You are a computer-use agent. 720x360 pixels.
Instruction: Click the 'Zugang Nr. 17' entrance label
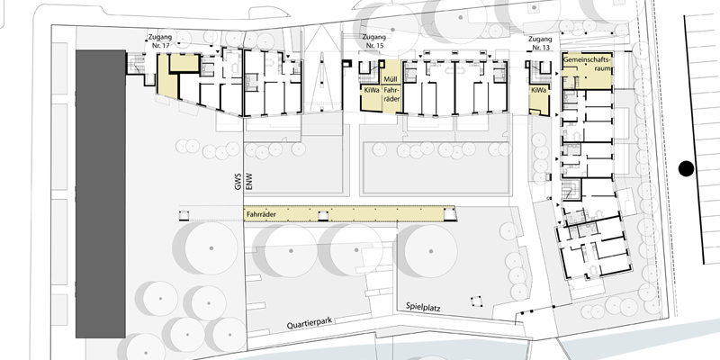coord(159,40)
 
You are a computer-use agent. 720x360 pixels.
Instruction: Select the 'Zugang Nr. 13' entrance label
coord(540,42)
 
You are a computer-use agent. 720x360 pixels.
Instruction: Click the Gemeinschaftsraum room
coord(588,71)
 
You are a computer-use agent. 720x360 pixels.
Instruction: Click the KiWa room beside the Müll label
coord(371,98)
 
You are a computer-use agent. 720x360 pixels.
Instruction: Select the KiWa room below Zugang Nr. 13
coord(538,100)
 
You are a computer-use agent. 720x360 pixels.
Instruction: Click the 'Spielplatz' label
coord(423,307)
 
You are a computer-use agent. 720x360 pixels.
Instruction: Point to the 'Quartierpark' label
coord(309,324)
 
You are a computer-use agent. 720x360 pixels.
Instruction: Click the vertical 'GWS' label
coord(238,183)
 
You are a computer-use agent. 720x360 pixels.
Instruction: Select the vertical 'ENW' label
coord(250,183)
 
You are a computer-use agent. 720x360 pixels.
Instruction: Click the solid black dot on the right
coord(686,168)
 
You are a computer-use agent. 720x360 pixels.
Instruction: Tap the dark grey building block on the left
coord(101,193)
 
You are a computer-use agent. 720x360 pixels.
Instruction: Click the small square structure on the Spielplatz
coord(476,301)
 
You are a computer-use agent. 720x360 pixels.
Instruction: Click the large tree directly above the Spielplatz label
coord(431,251)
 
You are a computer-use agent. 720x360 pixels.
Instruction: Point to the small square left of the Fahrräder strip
coord(184,215)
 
